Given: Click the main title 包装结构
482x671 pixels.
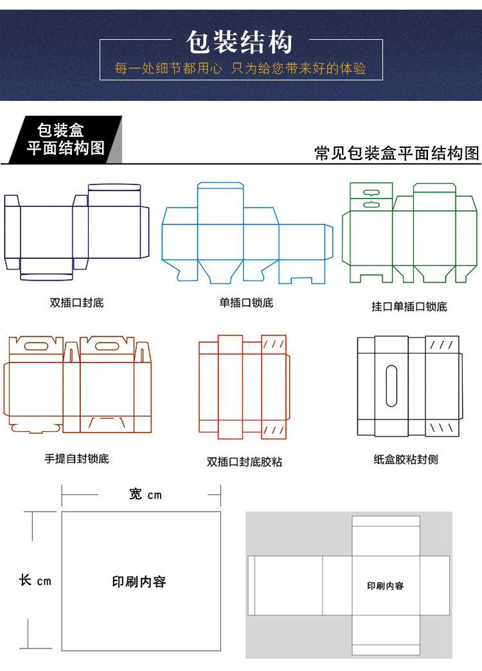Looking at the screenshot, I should pos(240,42).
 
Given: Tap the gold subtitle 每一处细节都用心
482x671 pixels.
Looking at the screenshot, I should pos(168,68).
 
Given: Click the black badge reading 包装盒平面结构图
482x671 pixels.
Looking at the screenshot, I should pos(65,139).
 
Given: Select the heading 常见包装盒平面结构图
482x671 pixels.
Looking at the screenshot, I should pos(397,153).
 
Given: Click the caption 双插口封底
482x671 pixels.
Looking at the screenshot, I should pos(76,303).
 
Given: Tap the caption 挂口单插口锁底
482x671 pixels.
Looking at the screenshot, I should pos(409,306).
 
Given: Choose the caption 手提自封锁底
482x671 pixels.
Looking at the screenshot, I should pos(76,458).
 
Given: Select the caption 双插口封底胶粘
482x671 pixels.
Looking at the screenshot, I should pos(244,461).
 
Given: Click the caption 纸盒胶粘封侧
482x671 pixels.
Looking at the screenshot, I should pos(406,459).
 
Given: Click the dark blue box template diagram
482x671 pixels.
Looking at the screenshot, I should pos(77,232).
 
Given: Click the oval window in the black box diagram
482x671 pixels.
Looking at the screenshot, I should pos(391,385).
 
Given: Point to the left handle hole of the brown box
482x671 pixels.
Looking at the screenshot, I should pos(39,346).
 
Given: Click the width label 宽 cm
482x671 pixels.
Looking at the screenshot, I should pos(145,494).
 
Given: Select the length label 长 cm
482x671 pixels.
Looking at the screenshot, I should pos(35,580).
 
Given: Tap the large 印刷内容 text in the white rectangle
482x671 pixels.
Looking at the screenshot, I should pos(139,582).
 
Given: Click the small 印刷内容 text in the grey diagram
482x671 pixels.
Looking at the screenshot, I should pos(385,586).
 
